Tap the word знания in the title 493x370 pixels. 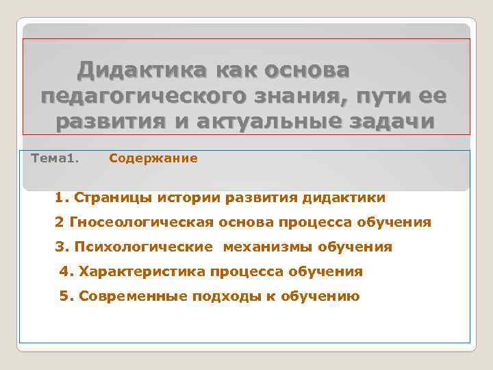(x=296, y=96)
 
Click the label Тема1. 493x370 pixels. (x=55, y=159)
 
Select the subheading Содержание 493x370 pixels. (x=153, y=159)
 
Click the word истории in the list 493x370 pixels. (x=184, y=198)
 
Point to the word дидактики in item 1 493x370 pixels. (x=347, y=198)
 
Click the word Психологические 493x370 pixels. (x=144, y=247)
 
